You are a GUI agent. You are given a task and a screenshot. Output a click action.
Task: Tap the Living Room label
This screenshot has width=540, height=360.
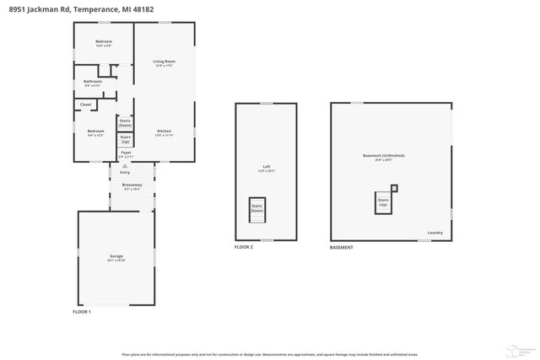[164, 62]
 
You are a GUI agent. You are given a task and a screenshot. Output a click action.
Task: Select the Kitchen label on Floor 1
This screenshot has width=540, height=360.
[164, 132]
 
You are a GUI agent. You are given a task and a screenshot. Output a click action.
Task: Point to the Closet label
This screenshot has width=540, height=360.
[86, 105]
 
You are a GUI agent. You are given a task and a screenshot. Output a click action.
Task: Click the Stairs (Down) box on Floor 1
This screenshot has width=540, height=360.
[125, 122]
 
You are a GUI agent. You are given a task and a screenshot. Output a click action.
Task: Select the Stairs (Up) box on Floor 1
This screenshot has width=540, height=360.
[125, 138]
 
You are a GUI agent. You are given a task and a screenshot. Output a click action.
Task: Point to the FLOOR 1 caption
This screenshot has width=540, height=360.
[82, 312]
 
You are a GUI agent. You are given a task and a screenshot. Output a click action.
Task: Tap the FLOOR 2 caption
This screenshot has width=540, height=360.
[245, 248]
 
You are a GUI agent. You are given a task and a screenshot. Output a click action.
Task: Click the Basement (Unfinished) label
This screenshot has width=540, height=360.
[383, 156]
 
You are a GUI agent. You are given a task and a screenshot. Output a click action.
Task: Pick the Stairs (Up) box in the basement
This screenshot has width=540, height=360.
[382, 202]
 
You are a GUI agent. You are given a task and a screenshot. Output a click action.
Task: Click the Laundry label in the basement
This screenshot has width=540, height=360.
[435, 233]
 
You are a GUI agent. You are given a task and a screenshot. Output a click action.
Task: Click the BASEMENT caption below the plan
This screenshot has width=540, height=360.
[341, 248]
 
